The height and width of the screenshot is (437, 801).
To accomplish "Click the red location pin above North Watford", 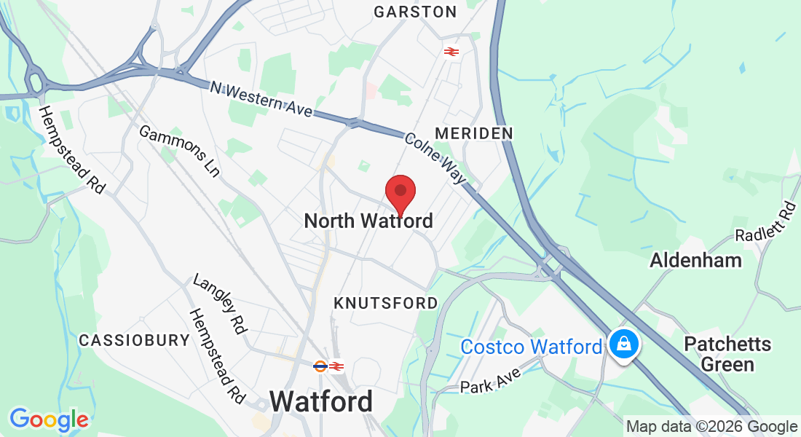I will click(400, 192).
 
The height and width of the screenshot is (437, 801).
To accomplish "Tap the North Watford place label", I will click(368, 221).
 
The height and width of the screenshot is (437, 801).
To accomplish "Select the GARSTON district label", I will click(415, 12).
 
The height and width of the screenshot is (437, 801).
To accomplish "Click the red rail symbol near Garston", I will click(451, 51).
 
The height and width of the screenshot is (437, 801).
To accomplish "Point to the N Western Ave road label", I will click(261, 98).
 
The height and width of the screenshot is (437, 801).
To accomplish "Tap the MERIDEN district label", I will click(473, 133).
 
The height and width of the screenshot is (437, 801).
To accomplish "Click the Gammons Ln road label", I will click(178, 151).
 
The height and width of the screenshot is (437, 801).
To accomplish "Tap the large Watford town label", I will click(321, 401).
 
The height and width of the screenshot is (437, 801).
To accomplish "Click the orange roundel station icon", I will click(320, 366).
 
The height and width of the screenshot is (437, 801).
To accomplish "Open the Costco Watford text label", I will click(532, 347).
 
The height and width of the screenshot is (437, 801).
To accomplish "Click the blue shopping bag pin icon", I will click(623, 343).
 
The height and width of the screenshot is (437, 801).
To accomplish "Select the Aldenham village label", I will click(695, 260).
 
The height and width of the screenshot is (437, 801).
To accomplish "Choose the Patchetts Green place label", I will click(729, 353).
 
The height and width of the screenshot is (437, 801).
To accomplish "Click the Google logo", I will click(49, 420).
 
